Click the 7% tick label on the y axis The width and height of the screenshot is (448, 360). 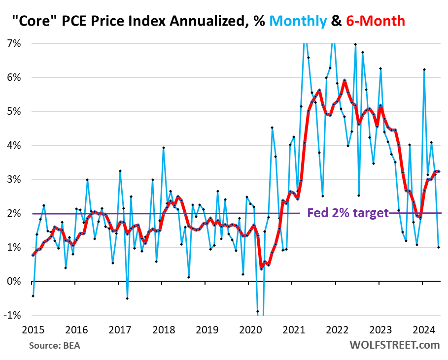pyautogui.click(x=14, y=43)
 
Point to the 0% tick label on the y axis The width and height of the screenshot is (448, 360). pyautogui.click(x=14, y=281)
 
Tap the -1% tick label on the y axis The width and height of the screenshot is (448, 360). pyautogui.click(x=13, y=315)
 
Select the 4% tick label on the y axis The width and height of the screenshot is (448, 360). pyautogui.click(x=14, y=145)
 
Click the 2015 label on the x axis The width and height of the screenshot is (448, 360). pyautogui.click(x=32, y=328)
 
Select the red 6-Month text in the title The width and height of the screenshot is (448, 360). pyautogui.click(x=377, y=21)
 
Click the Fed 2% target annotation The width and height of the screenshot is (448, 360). pyautogui.click(x=347, y=213)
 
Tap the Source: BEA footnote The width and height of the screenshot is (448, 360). pyautogui.click(x=54, y=345)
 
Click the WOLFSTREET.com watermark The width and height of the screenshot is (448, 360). pyautogui.click(x=394, y=344)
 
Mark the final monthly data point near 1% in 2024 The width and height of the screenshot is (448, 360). pyautogui.click(x=439, y=247)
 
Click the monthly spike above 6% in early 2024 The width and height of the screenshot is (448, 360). pyautogui.click(x=424, y=69)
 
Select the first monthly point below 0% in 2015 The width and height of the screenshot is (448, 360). pyautogui.click(x=33, y=296)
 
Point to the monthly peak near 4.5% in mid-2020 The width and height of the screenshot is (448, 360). pyautogui.click(x=272, y=128)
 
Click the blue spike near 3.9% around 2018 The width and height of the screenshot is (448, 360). pyautogui.click(x=164, y=148)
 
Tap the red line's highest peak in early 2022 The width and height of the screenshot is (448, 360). pyautogui.click(x=345, y=80)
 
